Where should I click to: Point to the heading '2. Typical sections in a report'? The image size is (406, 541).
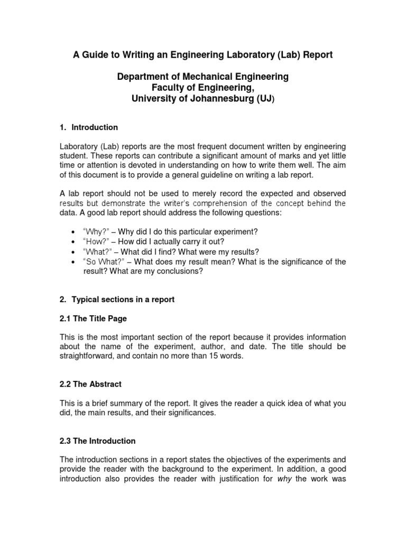[117, 300]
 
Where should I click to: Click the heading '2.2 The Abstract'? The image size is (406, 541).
[91, 384]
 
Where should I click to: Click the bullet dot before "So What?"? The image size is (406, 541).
[72, 262]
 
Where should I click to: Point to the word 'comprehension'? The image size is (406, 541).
[225, 203]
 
